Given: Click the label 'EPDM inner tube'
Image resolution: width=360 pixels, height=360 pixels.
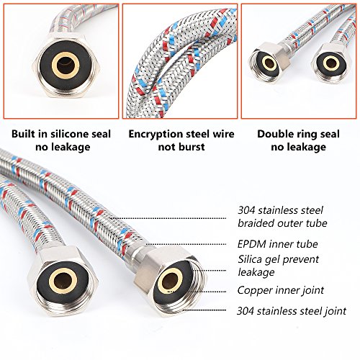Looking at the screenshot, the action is pos(278,244).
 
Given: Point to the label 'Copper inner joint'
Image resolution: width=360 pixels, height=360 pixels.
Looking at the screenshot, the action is pos(281,290).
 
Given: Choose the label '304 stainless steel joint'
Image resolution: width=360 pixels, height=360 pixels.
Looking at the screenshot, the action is pos(292,311).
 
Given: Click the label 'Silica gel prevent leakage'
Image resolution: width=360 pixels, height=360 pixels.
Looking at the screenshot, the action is pos(278,266).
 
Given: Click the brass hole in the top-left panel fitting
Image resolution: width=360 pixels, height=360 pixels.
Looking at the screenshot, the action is pos(66,66).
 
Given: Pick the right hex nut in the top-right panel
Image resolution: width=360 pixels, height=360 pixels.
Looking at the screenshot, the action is pos(331,63).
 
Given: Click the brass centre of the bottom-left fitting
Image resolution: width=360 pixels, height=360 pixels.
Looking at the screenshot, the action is pos(63,280).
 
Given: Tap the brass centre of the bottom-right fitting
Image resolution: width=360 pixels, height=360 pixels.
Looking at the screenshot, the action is pos(170,281).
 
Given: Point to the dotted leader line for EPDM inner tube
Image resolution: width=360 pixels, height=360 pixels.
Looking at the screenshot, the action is pos(186,244).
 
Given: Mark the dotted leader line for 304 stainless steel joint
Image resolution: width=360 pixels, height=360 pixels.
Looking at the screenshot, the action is pos(204,310).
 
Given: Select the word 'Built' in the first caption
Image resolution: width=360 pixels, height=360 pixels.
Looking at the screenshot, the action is pos(23,134).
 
